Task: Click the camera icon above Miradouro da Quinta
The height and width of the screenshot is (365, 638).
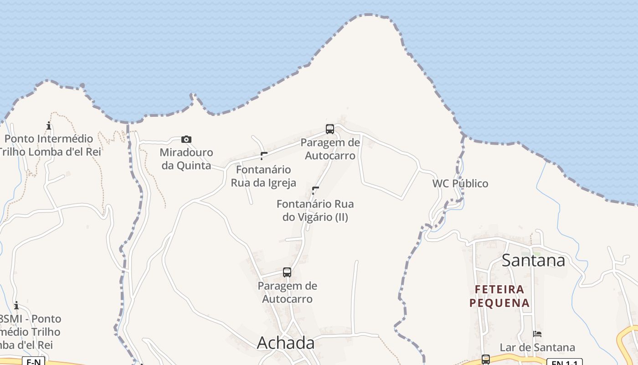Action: [x=186, y=139]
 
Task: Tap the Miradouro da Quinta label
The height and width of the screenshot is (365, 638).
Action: [x=186, y=159]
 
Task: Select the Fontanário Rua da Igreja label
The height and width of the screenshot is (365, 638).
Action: [x=263, y=176]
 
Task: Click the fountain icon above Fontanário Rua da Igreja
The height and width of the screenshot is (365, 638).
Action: [x=263, y=156]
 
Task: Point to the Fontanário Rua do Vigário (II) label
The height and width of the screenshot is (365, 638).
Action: [x=315, y=210]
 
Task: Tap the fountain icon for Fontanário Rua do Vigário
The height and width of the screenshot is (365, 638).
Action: [x=315, y=190]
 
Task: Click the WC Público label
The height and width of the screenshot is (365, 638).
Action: [x=460, y=183]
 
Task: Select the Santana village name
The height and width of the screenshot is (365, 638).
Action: [x=533, y=260]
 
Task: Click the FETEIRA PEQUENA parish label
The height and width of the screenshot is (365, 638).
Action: [x=499, y=296]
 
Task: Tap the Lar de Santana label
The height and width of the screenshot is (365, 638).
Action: [x=537, y=348]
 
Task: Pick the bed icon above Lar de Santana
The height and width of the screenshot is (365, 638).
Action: [x=537, y=334]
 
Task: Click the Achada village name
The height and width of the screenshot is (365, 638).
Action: [x=286, y=343]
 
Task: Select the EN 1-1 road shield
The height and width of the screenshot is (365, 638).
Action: [x=564, y=362]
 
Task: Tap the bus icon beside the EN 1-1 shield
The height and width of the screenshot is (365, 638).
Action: [x=486, y=360]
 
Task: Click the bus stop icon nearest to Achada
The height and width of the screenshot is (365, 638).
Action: [x=287, y=272]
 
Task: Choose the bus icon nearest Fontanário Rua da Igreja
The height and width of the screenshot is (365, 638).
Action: [x=330, y=129]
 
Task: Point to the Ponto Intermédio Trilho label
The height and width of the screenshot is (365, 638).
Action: [x=49, y=145]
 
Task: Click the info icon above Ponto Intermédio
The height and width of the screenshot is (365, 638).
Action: [x=49, y=125]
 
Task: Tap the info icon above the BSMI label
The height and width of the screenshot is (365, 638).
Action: [x=16, y=305]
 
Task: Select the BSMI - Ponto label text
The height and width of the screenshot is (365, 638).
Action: [x=30, y=318]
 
